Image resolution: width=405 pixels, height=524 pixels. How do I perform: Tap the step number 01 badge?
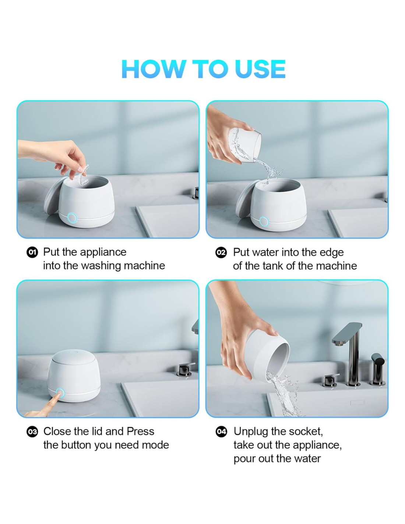[32, 252]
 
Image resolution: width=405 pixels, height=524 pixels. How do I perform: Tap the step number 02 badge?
[221, 253]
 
